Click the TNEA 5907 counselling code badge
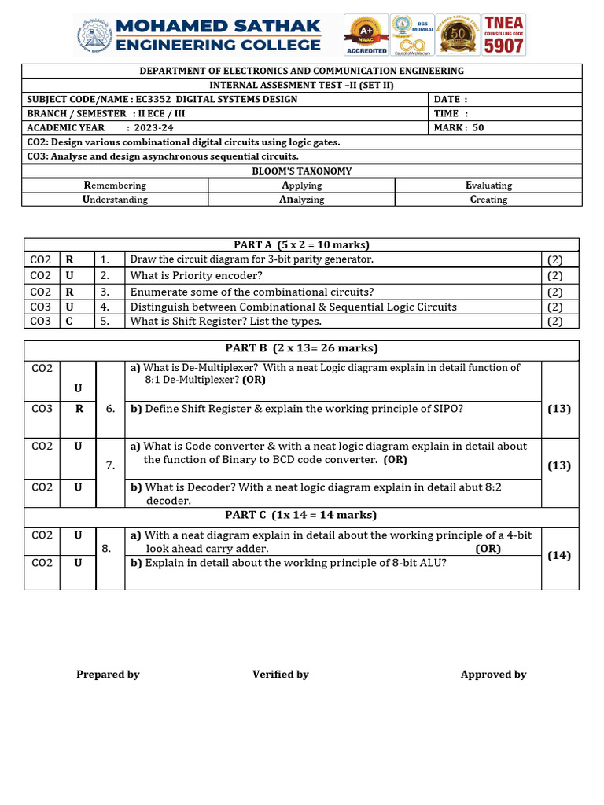pos(503,35)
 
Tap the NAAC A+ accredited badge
pos(366,35)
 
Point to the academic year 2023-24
pos(154,128)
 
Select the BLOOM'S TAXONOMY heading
pos(301,171)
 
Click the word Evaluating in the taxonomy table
pos(488,186)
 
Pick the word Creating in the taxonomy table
pos(488,200)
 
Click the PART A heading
pos(301,245)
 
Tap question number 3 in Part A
pos(105,292)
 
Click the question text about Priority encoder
pos(196,276)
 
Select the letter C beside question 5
pos(69,322)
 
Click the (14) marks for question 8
pos(559,556)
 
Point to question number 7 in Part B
pos(110,465)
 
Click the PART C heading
pos(301,516)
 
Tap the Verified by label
pos(280,675)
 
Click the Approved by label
pos(493,675)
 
